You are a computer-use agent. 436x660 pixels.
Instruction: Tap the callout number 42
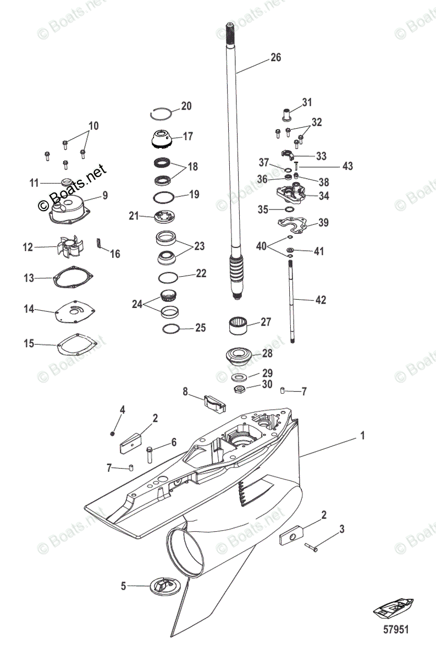321,300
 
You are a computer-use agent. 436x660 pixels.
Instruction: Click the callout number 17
188,136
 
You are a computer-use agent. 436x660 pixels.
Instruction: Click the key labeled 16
100,243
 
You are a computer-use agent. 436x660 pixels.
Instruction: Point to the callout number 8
185,392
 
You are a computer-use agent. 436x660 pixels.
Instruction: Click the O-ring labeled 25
171,328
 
